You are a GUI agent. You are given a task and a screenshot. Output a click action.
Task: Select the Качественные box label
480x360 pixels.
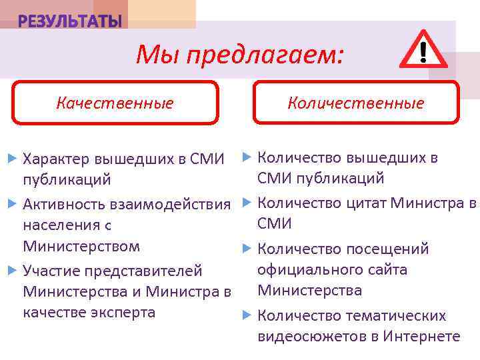click(x=115, y=103)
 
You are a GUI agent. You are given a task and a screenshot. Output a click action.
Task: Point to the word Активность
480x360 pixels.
click(x=61, y=203)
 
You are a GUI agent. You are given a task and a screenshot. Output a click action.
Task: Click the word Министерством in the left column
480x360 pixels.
click(x=81, y=246)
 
